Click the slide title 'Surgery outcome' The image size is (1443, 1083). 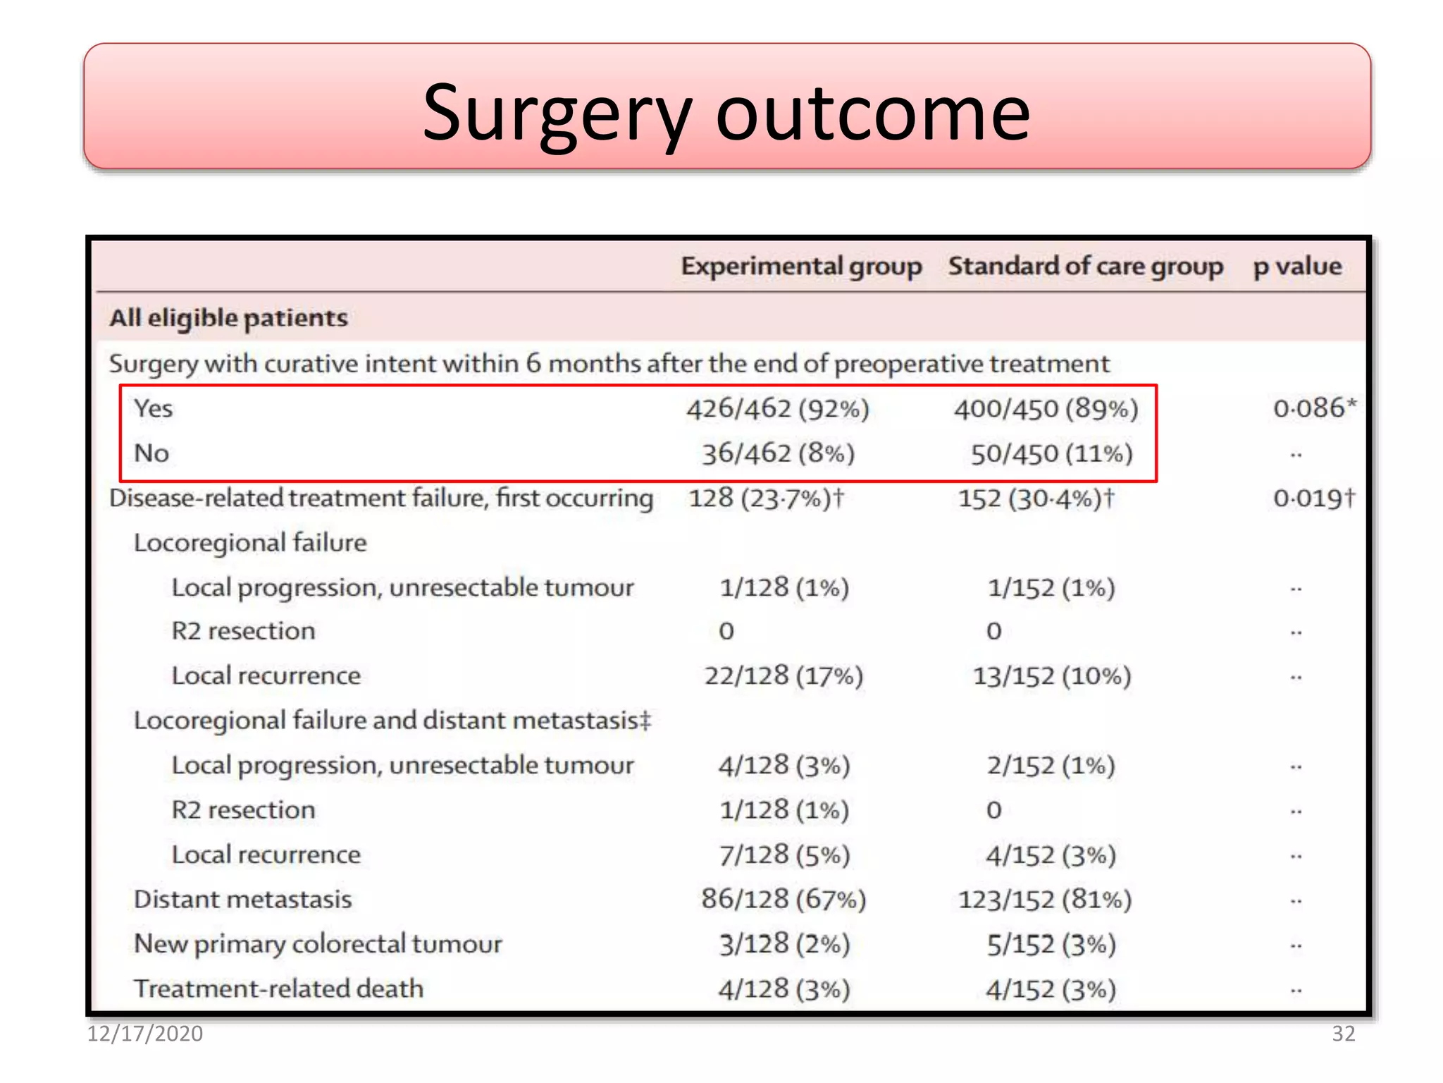click(x=726, y=113)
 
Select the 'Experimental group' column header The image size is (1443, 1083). click(x=801, y=267)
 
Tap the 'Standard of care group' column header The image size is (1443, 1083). click(x=1085, y=267)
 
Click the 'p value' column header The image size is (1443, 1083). click(x=1297, y=267)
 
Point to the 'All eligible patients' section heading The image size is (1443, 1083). click(x=228, y=319)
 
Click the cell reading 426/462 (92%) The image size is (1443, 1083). click(x=778, y=409)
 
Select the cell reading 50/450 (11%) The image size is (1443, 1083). click(x=1051, y=453)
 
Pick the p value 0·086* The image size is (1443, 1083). click(x=1314, y=408)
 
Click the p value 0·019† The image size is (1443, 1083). click(x=1313, y=498)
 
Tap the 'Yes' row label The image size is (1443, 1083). click(x=154, y=408)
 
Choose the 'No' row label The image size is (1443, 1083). click(x=151, y=453)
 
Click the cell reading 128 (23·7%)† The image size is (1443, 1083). click(x=766, y=498)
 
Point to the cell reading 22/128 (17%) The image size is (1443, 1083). click(x=784, y=676)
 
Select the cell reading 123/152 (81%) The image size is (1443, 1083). click(x=1045, y=900)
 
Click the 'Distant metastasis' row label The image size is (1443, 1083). click(x=243, y=900)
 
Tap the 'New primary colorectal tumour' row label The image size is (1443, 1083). click(x=318, y=944)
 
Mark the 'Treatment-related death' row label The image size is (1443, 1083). click(x=279, y=989)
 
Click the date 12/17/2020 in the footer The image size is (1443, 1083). click(x=144, y=1034)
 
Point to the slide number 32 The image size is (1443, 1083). click(x=1343, y=1034)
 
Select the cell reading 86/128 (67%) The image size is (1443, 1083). click(x=784, y=900)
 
